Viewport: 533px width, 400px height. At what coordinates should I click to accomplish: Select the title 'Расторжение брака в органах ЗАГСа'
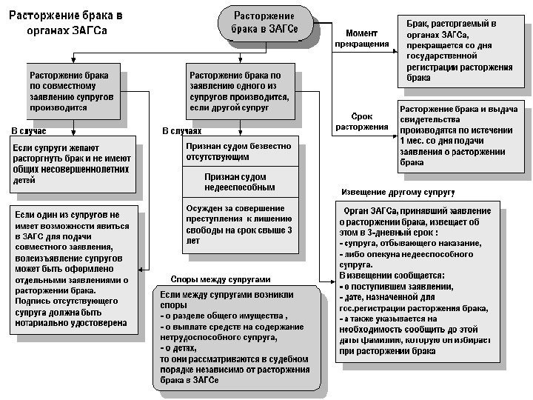pos(66,22)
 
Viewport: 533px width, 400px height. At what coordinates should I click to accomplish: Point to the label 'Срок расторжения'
pos(362,121)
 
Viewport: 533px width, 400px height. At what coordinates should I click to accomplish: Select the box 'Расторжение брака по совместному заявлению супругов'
pos(71,91)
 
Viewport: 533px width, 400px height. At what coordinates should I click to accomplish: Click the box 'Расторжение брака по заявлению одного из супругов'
pos(238,91)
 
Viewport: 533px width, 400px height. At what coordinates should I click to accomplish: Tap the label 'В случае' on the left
pos(29,131)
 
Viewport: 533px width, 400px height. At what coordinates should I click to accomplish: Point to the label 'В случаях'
pos(181,131)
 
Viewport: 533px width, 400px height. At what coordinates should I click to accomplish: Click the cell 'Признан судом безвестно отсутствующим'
pos(238,152)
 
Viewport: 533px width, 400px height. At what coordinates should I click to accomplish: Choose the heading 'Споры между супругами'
pos(220,280)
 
